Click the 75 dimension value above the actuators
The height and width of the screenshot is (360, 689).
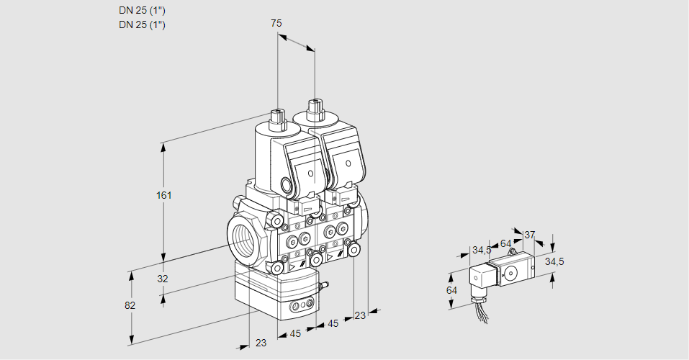click(276, 23)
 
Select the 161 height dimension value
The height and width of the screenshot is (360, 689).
click(166, 195)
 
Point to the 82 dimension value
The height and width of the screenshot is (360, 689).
click(130, 305)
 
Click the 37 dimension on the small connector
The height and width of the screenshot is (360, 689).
click(530, 235)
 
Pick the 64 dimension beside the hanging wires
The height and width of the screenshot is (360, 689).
click(452, 290)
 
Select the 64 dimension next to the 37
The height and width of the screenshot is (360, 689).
click(506, 243)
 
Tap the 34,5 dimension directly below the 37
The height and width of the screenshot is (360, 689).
click(554, 261)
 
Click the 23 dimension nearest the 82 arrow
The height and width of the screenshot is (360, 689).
click(261, 343)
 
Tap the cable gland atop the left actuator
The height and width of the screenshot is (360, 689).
click(276, 118)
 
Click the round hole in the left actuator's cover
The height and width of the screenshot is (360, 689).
click(310, 174)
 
